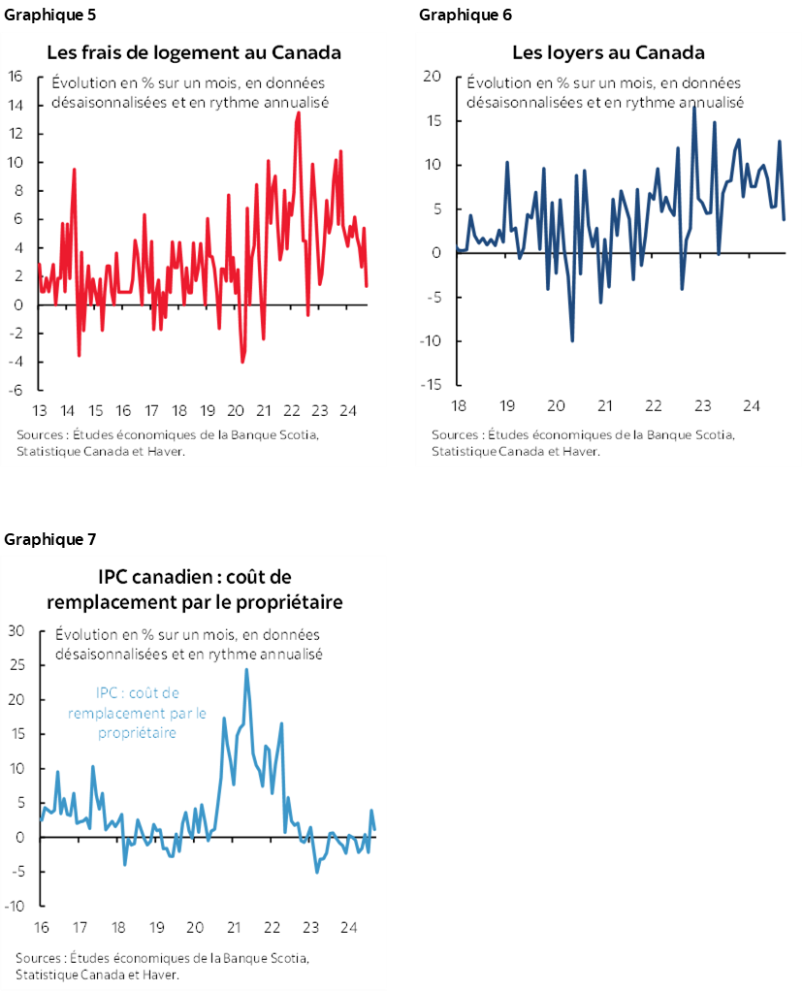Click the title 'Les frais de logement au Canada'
click(195, 51)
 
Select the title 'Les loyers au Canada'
click(608, 51)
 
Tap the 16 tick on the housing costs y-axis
click(16, 77)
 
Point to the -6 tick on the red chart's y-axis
click(16, 391)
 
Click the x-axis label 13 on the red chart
click(40, 410)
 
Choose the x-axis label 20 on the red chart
click(236, 410)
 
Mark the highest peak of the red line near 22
click(298, 112)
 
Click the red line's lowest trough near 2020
click(242, 362)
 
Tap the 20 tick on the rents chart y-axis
click(434, 77)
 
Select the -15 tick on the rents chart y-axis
click(431, 385)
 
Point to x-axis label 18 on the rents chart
click(456, 404)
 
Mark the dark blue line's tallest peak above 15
click(693, 106)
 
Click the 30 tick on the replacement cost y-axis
click(16, 630)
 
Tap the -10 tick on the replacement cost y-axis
click(15, 907)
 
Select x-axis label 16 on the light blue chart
click(42, 926)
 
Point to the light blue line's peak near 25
click(246, 669)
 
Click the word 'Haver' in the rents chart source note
click(580, 451)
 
